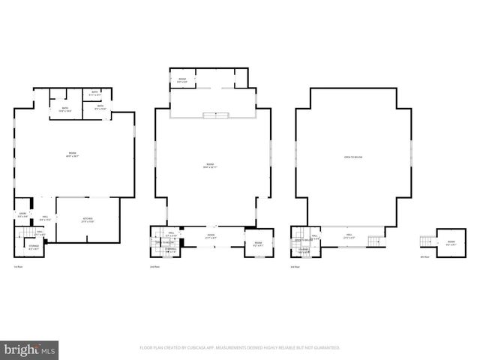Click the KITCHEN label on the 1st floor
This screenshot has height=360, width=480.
[x=88, y=220]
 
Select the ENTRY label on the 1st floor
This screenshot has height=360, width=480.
[x=22, y=215]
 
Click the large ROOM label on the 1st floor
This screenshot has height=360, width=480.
[x=73, y=155]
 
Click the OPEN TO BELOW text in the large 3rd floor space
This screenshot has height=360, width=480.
[x=352, y=157]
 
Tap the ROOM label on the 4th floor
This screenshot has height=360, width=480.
[x=451, y=243]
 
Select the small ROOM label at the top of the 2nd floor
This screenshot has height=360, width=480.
[x=182, y=79]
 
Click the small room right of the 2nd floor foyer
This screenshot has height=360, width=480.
[x=257, y=243]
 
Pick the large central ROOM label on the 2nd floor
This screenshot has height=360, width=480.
[x=210, y=166]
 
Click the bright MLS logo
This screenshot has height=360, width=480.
[x=30, y=349]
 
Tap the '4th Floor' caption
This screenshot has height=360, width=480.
[x=425, y=257]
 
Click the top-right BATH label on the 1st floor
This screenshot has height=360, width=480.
[x=95, y=94]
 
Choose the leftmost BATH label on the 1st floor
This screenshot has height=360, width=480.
[x=65, y=109]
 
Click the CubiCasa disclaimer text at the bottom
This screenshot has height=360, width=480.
[x=239, y=348]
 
